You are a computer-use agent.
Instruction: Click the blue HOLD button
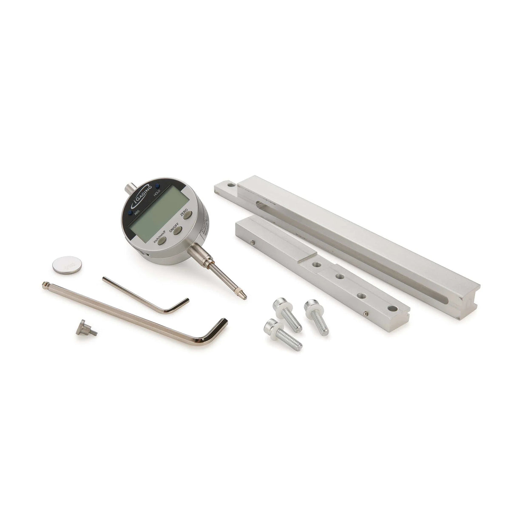pyautogui.click(x=157, y=186)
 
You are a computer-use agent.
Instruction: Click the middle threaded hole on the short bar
pyautogui.click(x=339, y=277)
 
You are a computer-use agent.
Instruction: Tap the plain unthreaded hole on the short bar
pyautogui.click(x=392, y=308)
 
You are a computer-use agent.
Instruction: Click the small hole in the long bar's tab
pyautogui.click(x=230, y=185)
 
